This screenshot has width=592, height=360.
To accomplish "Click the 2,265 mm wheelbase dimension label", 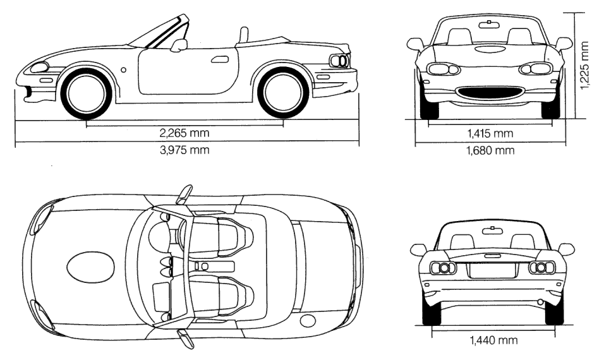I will (x=184, y=133).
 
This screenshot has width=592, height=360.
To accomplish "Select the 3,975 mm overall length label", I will (x=184, y=150).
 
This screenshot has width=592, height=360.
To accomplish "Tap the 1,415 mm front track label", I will (x=490, y=133).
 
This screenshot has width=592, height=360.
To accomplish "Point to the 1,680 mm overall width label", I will (x=490, y=150).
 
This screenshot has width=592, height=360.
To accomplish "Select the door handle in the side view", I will (x=220, y=59).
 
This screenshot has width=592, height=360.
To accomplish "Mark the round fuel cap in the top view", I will (x=308, y=320).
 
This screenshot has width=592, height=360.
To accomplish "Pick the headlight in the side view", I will (x=39, y=67).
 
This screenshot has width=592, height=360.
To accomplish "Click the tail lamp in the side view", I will (x=340, y=61).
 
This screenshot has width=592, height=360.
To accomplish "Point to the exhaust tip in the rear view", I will (x=540, y=301).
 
